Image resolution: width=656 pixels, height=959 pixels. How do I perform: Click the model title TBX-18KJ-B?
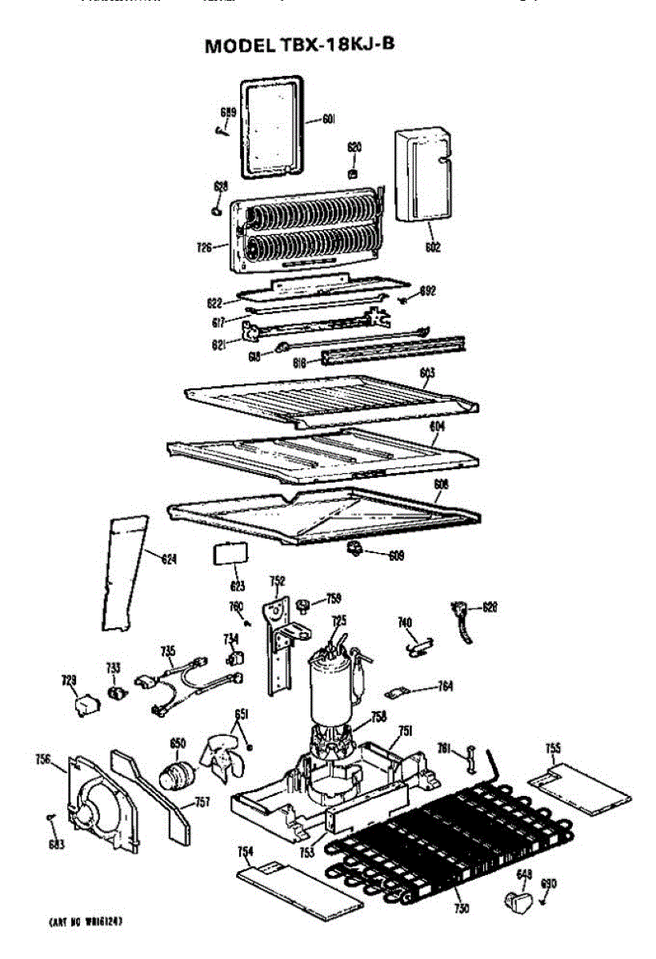pos(300,45)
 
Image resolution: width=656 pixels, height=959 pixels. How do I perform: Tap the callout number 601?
pos(328,119)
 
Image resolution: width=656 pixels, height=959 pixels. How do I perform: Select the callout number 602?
pos(433,247)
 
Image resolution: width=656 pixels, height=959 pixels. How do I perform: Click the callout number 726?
pos(205,248)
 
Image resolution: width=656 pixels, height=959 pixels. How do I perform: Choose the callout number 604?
pos(437,427)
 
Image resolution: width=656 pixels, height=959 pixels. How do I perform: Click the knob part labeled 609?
pos(354,548)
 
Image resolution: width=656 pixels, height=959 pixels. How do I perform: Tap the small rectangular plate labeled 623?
pos(229,554)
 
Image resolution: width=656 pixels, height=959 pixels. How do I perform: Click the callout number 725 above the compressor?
pos(339,620)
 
